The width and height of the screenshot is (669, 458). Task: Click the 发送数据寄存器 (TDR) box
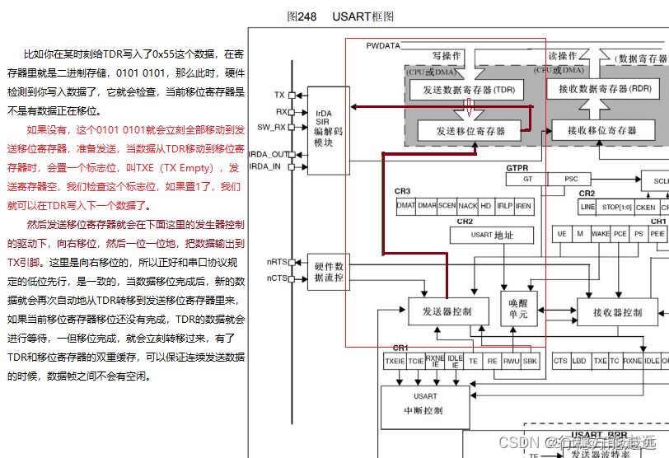[468, 90]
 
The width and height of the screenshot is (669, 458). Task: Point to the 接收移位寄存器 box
[602, 130]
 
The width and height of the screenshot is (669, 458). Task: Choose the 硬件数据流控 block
[328, 271]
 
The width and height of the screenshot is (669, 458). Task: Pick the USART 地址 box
[492, 235]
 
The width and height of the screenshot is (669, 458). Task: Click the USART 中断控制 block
[425, 403]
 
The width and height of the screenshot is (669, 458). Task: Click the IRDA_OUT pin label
[269, 154]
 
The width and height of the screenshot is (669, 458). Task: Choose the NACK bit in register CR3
[467, 205]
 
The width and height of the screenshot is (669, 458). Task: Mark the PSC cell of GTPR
[571, 179]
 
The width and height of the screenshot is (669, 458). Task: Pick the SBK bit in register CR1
[531, 361]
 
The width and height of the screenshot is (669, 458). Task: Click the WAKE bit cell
[601, 234]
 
